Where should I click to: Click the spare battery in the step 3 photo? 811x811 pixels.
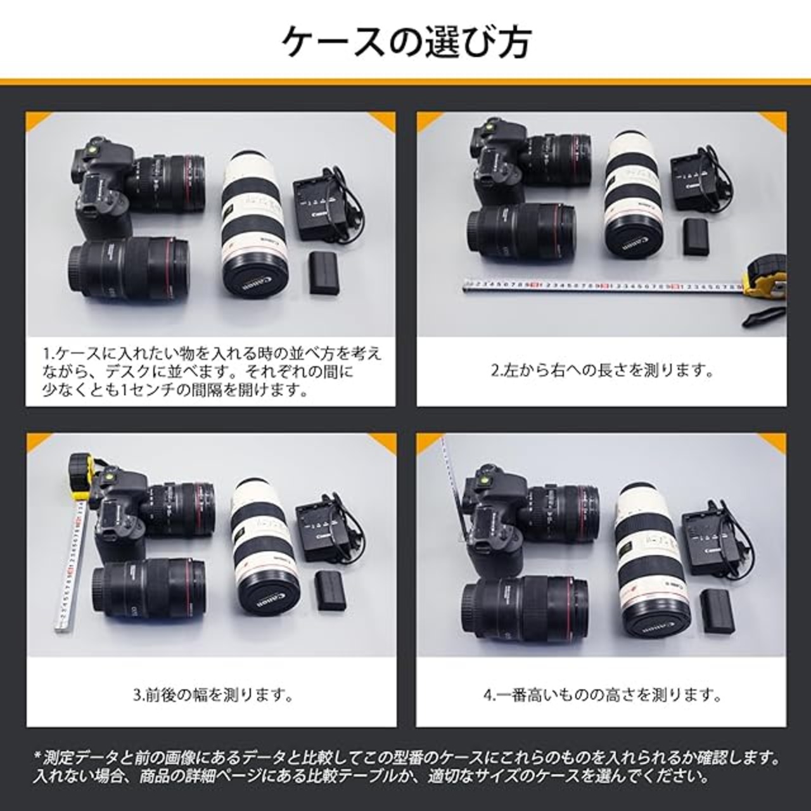point(331,591)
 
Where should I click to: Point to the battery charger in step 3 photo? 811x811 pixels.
point(325,532)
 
